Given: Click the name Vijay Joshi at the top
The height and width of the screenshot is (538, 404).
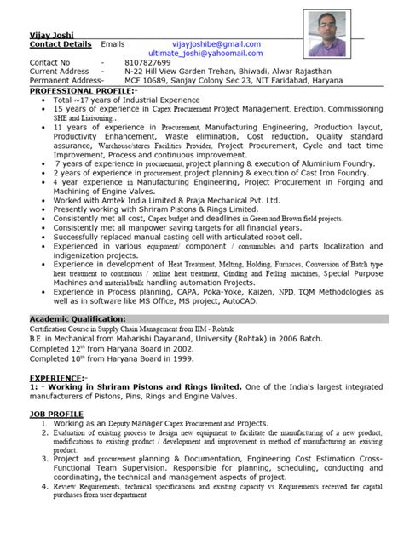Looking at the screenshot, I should pyautogui.click(x=49, y=32).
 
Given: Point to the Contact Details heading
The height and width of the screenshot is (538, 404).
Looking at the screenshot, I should pyautogui.click(x=60, y=43).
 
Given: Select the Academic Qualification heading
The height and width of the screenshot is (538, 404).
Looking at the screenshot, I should pyautogui.click(x=78, y=319).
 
